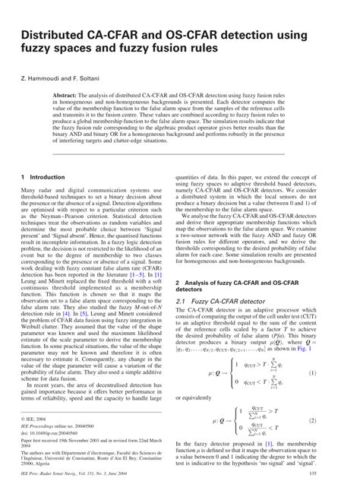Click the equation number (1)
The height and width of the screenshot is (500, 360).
(335, 373)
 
